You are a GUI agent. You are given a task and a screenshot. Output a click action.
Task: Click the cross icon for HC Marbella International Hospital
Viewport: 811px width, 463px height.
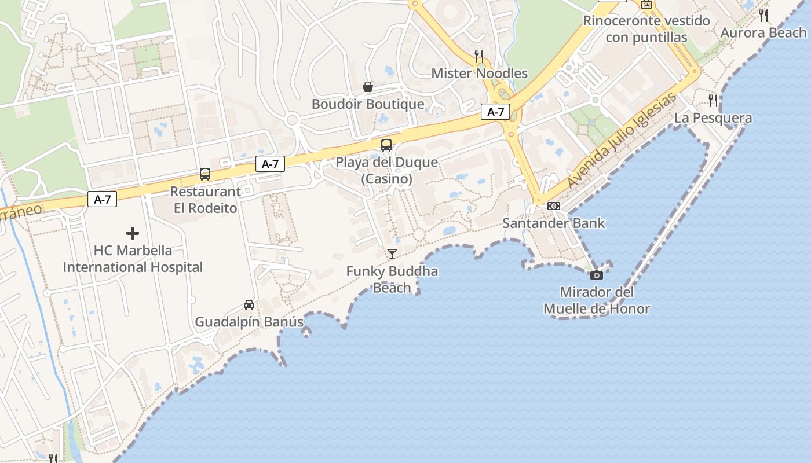click(133, 233)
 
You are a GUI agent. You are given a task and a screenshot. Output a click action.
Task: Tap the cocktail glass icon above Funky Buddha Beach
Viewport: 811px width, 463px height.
click(392, 253)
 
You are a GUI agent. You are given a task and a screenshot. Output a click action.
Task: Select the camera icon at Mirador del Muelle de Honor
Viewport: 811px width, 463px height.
click(596, 275)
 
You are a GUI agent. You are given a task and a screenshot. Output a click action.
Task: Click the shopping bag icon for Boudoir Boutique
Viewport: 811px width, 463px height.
click(368, 87)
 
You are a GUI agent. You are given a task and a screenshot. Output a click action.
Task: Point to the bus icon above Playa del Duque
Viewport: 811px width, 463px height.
click(386, 145)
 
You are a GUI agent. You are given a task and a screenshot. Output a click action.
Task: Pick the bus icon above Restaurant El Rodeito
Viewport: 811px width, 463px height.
click(204, 174)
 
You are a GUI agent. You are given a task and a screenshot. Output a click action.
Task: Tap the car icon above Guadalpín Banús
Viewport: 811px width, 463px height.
click(249, 305)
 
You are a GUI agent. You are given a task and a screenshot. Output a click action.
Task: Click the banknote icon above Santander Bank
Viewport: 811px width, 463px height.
click(554, 206)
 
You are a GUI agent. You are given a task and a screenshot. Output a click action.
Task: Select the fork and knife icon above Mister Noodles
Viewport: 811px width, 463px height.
click(479, 56)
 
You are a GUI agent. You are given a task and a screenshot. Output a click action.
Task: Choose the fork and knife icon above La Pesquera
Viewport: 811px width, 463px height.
click(713, 101)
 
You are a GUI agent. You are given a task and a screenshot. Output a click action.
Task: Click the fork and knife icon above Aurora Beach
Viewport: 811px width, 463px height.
click(763, 16)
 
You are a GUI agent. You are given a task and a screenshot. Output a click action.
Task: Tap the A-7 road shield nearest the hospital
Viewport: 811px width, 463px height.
click(103, 200)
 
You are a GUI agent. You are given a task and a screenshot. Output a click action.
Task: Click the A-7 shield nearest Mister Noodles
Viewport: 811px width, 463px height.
click(495, 112)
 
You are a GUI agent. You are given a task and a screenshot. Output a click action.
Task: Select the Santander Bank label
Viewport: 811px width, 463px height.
click(554, 223)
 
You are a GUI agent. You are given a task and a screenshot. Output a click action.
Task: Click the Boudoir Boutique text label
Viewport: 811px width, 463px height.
click(368, 104)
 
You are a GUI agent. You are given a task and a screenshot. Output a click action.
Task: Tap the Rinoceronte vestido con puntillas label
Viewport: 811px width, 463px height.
click(646, 29)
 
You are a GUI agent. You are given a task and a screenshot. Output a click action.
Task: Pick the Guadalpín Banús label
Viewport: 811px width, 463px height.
click(249, 322)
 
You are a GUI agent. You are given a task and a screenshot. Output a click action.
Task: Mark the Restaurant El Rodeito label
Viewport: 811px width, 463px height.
click(206, 200)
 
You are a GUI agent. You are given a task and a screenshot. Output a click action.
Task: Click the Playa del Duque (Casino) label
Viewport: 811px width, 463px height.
click(387, 170)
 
